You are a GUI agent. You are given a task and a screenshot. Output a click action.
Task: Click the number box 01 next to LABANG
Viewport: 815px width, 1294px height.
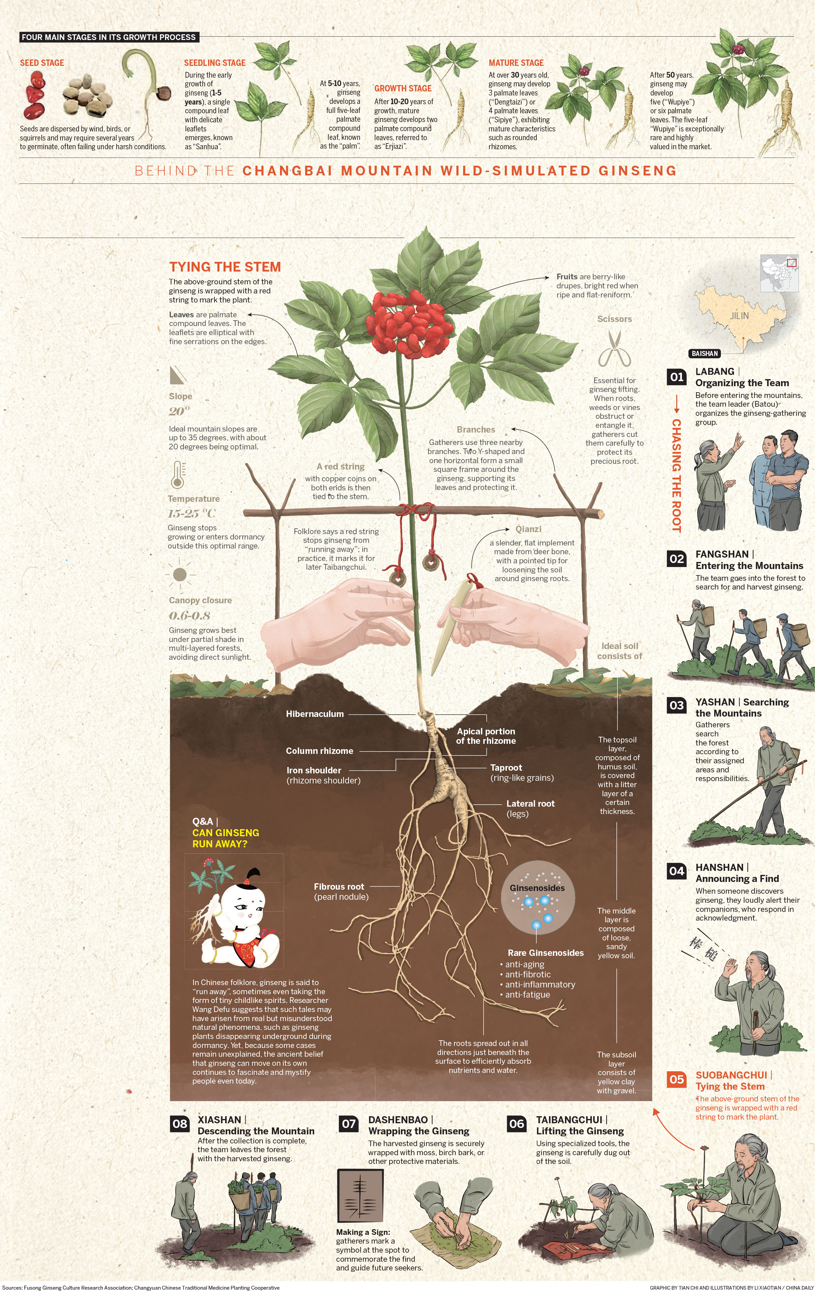(x=677, y=377)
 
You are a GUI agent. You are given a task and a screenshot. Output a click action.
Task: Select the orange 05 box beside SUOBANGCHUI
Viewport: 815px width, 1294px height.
(x=677, y=1079)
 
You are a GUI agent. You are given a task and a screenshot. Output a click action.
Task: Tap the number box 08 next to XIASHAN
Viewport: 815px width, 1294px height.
(x=179, y=1124)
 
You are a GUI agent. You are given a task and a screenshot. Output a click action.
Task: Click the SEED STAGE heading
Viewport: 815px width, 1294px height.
(x=42, y=63)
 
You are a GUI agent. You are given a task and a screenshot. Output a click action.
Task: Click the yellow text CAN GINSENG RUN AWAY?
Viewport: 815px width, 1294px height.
(x=226, y=838)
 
